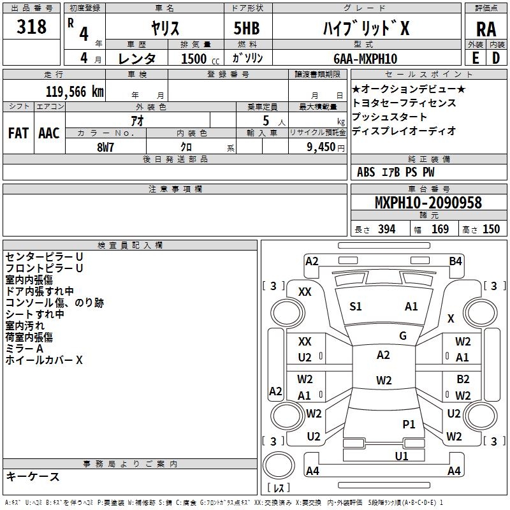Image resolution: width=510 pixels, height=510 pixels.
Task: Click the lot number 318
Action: (31, 27)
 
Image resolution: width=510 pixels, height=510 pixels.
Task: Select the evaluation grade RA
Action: (486, 29)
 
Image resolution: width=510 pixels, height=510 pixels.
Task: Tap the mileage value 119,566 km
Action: (75, 92)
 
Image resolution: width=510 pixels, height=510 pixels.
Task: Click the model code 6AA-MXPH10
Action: (365, 59)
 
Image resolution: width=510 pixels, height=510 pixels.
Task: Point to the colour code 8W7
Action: (105, 147)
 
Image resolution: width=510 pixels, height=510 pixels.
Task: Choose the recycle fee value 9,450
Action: (321, 147)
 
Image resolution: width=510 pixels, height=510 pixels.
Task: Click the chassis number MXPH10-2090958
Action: (428, 203)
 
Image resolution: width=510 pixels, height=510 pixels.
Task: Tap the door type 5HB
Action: (247, 28)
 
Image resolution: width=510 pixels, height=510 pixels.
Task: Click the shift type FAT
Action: (18, 133)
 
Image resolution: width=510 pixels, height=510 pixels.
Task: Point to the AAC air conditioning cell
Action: (49, 133)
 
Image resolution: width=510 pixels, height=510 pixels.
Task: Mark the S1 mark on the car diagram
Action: (355, 307)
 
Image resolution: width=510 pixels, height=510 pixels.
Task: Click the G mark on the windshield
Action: (403, 336)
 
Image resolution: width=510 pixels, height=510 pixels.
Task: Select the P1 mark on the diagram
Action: (409, 425)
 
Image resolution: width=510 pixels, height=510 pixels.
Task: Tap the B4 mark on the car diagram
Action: (455, 261)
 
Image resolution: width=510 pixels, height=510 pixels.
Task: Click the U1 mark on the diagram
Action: (402, 456)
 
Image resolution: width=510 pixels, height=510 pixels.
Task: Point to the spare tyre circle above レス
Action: (279, 465)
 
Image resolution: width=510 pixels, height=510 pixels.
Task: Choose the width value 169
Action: (440, 229)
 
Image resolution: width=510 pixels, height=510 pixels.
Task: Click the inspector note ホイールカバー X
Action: (44, 360)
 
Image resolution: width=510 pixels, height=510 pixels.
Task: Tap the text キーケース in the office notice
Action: (33, 476)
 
